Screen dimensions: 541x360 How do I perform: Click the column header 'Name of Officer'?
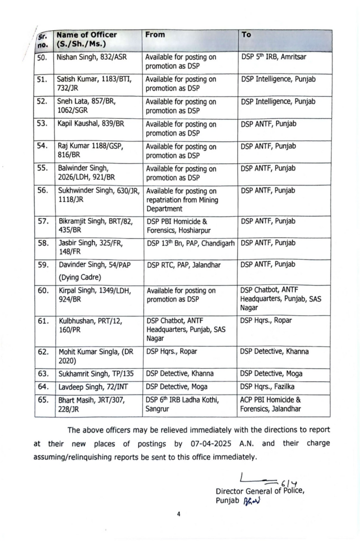87,35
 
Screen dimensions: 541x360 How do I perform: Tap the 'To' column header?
246,35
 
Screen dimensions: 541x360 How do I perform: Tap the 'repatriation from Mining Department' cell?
181,200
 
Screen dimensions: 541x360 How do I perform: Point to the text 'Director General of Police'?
261,491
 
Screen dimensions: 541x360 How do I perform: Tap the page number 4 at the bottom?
179,512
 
